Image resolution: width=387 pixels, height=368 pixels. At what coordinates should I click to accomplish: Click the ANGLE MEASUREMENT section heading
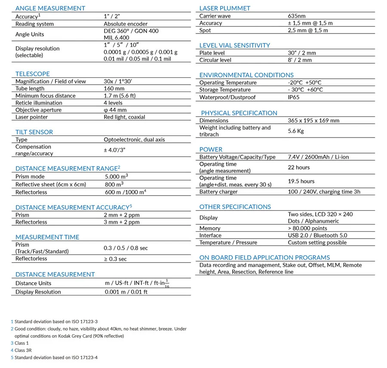[50, 8]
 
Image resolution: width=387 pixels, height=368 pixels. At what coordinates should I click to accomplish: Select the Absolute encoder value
[126, 24]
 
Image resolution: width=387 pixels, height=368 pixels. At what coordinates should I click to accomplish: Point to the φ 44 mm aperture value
[115, 110]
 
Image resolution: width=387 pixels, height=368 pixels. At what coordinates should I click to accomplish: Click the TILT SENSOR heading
[34, 132]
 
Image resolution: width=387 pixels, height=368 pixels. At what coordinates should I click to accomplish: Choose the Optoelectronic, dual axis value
[134, 140]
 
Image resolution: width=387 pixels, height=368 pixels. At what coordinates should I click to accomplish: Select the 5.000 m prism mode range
[116, 177]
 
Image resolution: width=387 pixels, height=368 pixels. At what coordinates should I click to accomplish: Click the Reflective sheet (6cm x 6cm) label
[51, 184]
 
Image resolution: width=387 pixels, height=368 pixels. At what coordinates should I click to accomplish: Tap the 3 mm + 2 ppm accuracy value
[122, 222]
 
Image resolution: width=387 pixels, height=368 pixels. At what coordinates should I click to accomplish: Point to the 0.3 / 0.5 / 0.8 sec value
[126, 248]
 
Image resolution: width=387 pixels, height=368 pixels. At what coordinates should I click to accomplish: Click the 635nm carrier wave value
[297, 16]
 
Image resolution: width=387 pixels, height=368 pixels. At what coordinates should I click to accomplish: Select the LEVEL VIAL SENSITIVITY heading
[235, 45]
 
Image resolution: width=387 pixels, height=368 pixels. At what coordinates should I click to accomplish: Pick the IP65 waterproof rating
[294, 97]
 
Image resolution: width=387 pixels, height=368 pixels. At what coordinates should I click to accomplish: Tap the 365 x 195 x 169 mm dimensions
[313, 121]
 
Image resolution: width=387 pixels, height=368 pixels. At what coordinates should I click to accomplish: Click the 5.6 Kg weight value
[296, 131]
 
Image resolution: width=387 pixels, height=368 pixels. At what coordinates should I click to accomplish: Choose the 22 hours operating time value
[299, 167]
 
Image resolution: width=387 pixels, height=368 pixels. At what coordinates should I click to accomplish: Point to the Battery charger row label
[218, 192]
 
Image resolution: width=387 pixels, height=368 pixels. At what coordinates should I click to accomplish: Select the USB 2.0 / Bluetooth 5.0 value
[317, 236]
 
